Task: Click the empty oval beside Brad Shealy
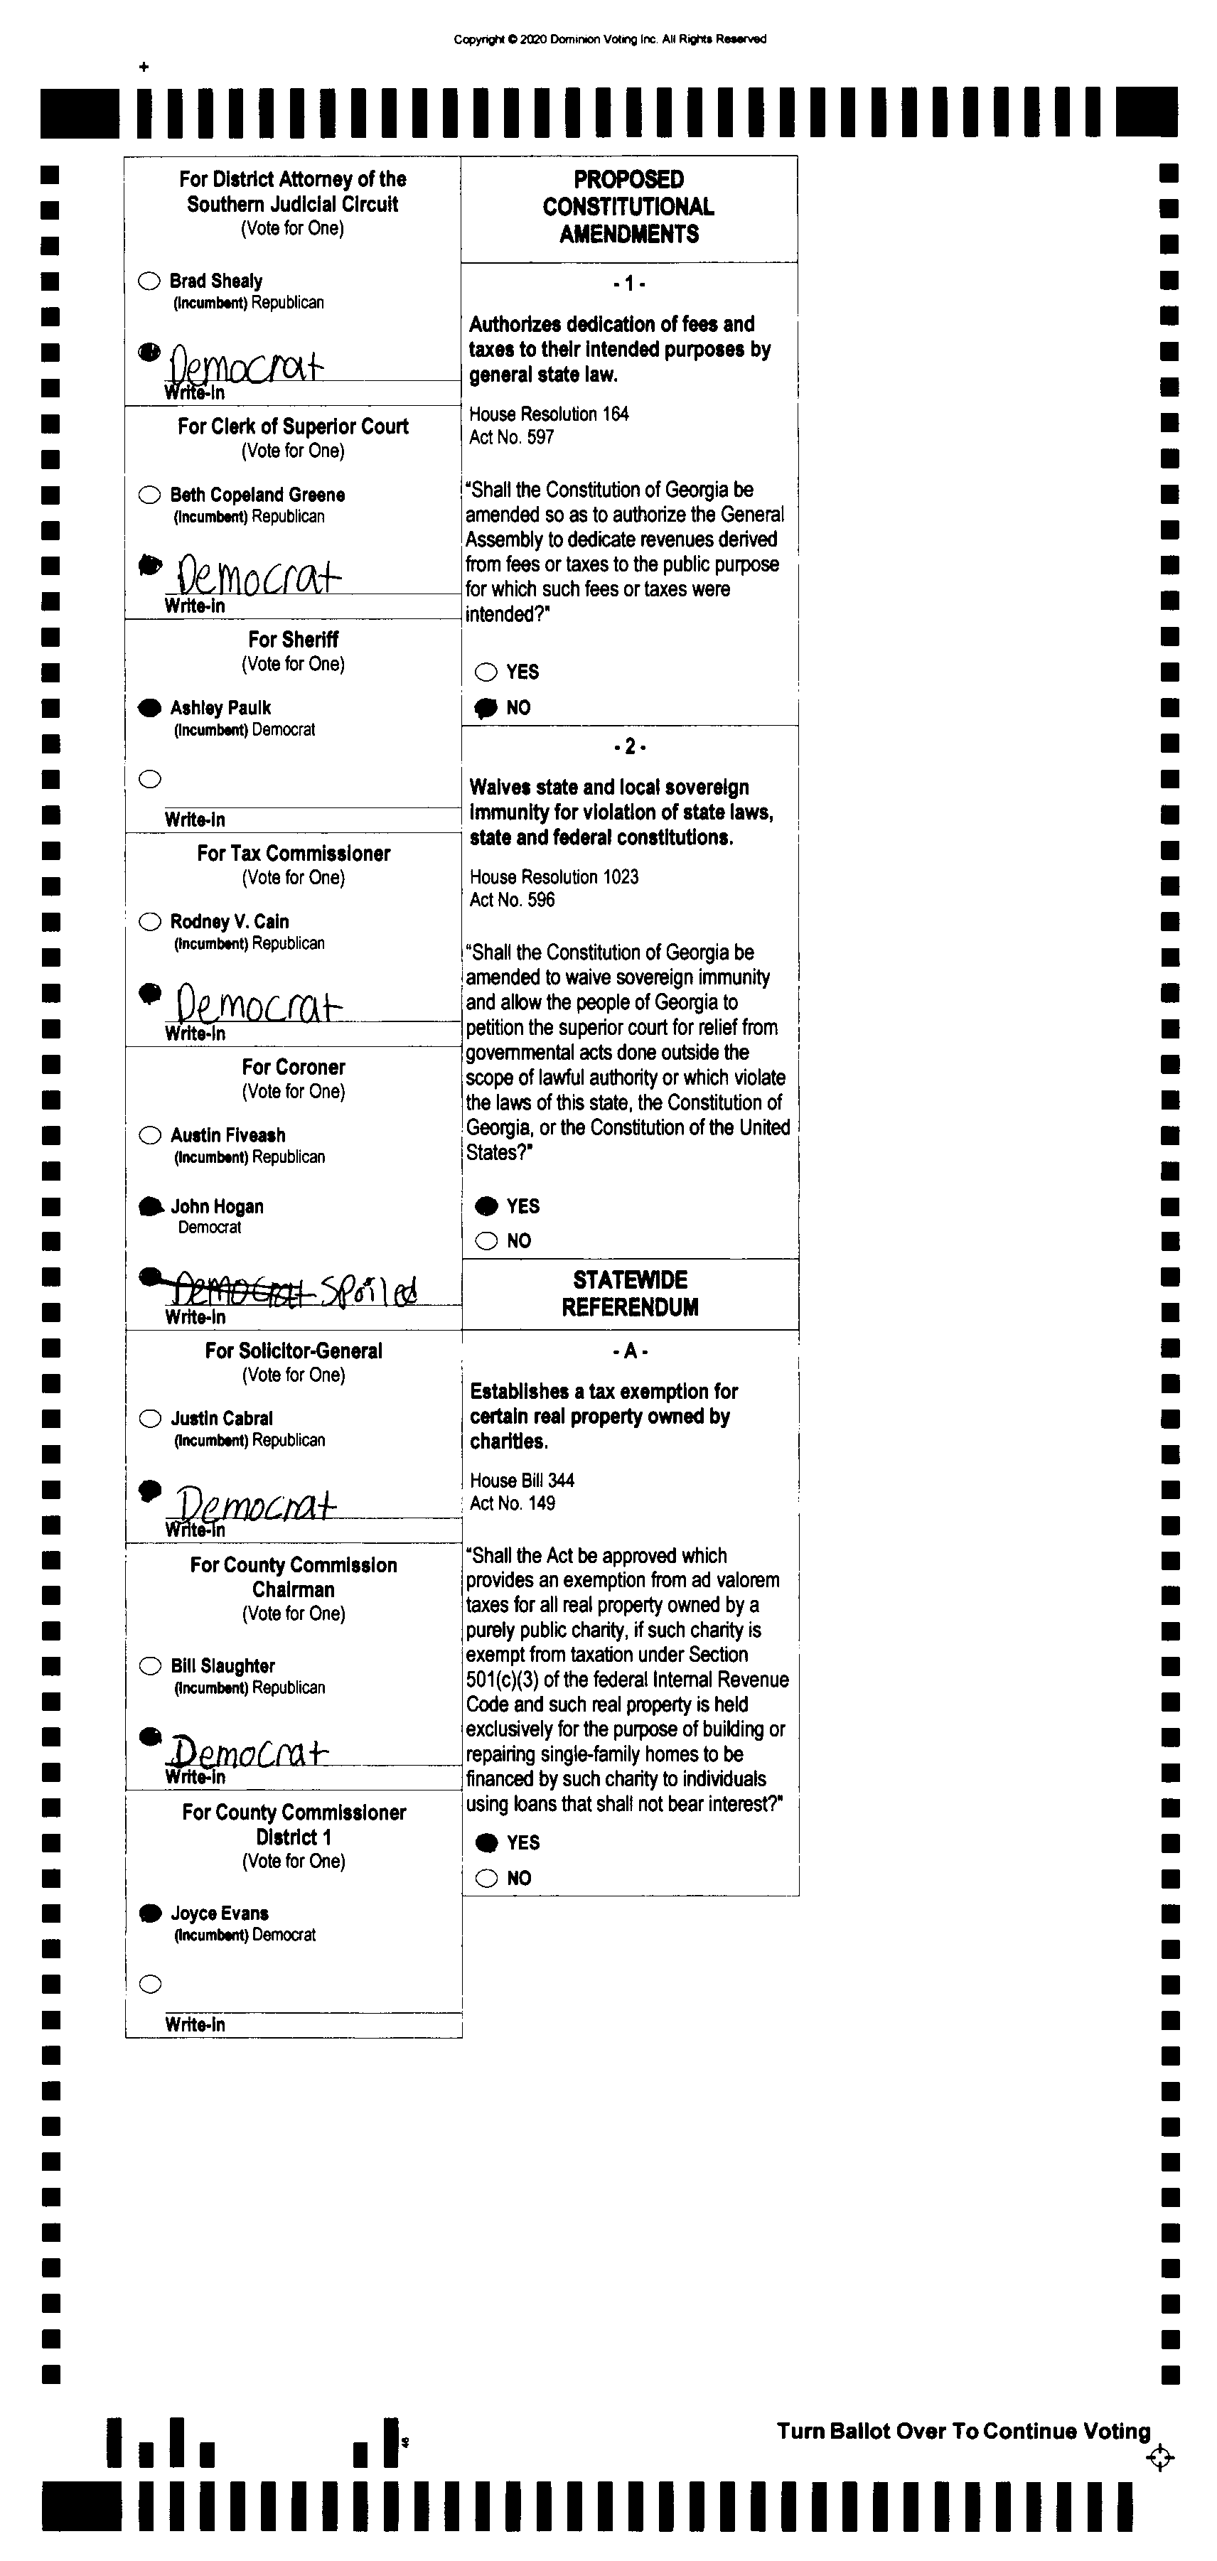pyautogui.click(x=149, y=281)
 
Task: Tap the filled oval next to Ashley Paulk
pyautogui.click(x=149, y=708)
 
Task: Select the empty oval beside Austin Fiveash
pyautogui.click(x=150, y=1135)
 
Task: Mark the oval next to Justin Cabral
pyautogui.click(x=150, y=1419)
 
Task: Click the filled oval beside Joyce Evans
pyautogui.click(x=150, y=1913)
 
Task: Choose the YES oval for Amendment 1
pyautogui.click(x=486, y=672)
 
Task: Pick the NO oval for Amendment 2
pyautogui.click(x=486, y=1241)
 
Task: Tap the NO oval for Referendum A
pyautogui.click(x=486, y=1878)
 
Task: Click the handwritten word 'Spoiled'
pyautogui.click(x=369, y=1289)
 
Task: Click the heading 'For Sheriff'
pyautogui.click(x=294, y=639)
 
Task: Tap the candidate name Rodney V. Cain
pyautogui.click(x=229, y=922)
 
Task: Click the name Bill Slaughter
pyautogui.click(x=223, y=1665)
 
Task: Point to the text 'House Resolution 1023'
pyautogui.click(x=554, y=877)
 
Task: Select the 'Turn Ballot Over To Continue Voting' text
pyautogui.click(x=963, y=2431)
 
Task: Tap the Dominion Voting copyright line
pyautogui.click(x=609, y=40)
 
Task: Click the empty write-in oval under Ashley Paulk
pyautogui.click(x=150, y=780)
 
